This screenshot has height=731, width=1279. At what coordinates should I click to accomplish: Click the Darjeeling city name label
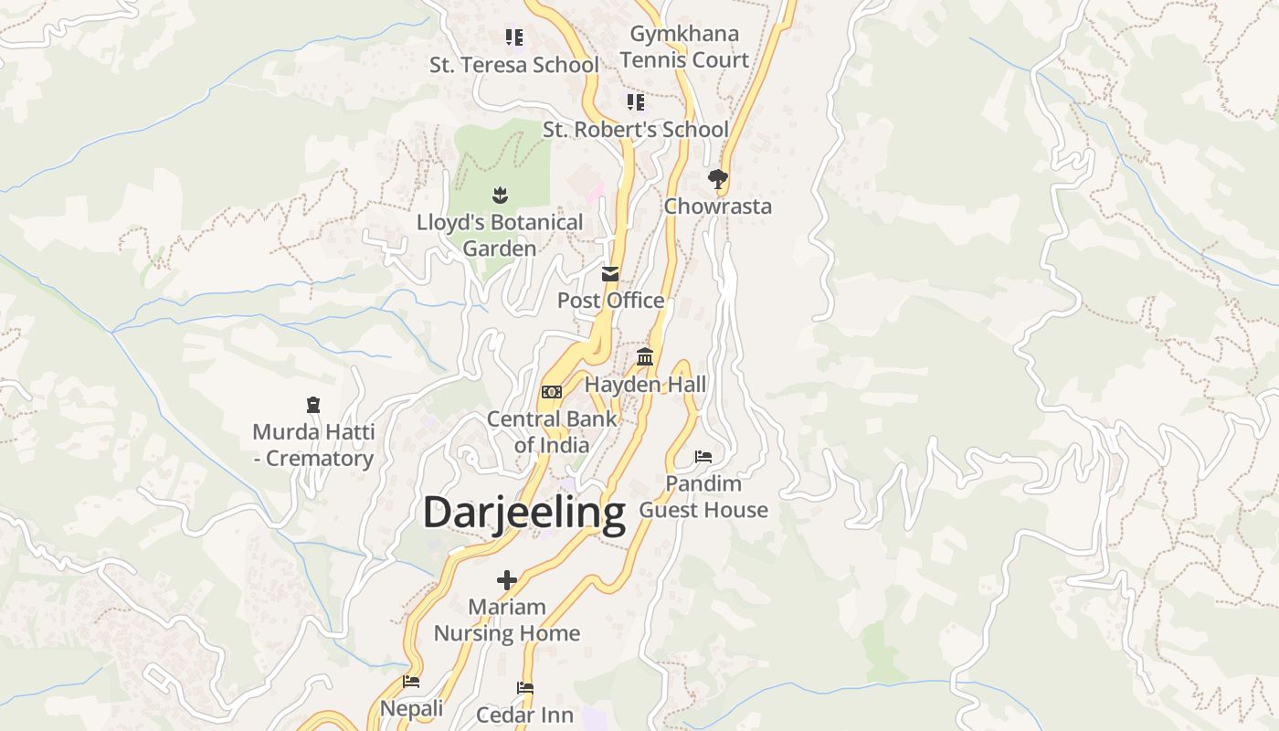523,513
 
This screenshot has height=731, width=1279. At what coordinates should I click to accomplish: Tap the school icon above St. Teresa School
514,37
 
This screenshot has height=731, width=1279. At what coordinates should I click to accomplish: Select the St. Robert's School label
636,129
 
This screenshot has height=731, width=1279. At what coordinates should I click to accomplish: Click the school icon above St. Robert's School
636,101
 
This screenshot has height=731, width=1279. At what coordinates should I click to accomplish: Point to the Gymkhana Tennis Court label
684,47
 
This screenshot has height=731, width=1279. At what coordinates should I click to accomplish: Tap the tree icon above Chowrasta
718,178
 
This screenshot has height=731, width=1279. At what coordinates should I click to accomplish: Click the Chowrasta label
717,206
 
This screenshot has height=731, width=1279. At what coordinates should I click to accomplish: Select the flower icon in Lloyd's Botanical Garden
500,195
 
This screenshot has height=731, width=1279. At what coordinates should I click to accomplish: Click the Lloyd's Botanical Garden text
500,235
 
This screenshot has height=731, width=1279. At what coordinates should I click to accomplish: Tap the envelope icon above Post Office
610,273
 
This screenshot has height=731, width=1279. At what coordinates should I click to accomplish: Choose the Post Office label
610,300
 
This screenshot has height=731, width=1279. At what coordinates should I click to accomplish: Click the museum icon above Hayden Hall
645,356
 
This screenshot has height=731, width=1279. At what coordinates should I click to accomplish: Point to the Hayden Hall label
645,384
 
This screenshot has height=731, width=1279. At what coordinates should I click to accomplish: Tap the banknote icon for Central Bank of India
552,391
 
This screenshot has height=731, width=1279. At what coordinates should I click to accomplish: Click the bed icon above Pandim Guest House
703,456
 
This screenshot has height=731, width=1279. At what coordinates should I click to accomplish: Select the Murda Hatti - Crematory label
313,444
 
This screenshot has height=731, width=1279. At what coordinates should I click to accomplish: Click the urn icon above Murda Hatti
313,404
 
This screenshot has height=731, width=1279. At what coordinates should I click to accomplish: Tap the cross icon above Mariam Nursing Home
507,579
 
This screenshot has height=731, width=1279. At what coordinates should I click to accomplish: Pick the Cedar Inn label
524,715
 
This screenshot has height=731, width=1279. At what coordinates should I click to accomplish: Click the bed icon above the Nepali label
411,681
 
